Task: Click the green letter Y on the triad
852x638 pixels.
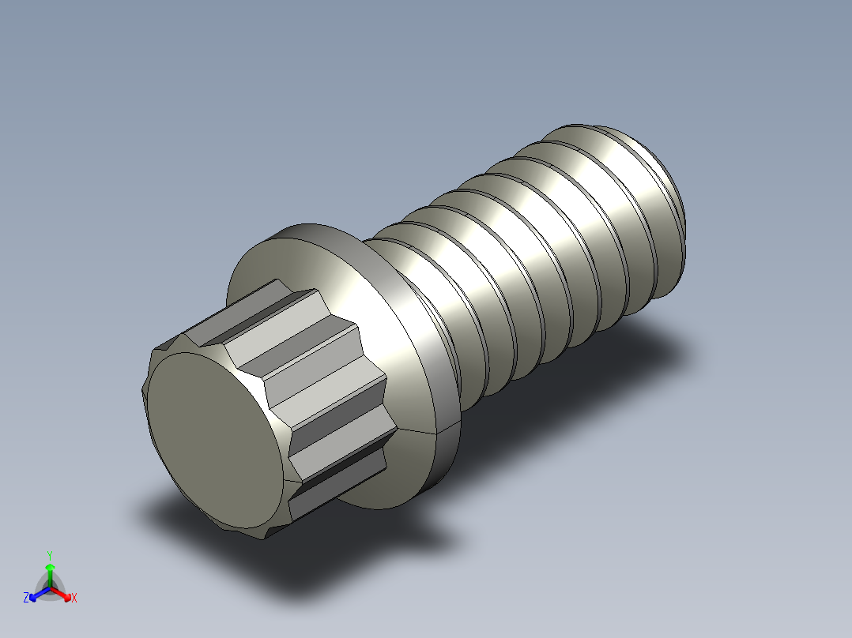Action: point(50,555)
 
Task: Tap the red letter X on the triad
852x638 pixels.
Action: point(74,599)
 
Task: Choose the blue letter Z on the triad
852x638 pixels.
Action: point(26,599)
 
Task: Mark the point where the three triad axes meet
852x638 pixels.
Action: point(50,587)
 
